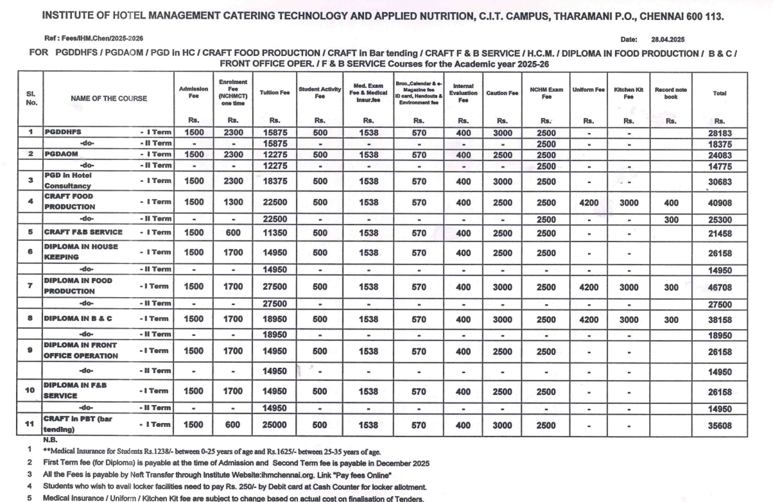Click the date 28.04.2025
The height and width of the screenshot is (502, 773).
click(x=668, y=39)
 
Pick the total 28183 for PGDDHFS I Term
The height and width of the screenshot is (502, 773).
click(x=720, y=132)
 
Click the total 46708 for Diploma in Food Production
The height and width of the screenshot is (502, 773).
click(x=720, y=288)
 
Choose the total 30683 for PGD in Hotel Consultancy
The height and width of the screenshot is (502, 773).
click(x=720, y=182)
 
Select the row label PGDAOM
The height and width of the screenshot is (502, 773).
click(x=62, y=155)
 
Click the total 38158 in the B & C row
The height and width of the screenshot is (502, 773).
click(x=720, y=318)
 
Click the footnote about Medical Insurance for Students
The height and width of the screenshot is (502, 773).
click(x=209, y=451)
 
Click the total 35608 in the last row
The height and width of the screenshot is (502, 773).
click(x=720, y=425)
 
